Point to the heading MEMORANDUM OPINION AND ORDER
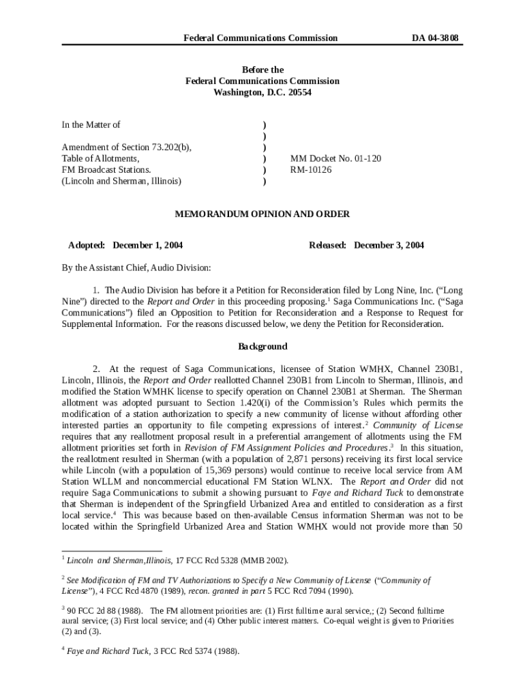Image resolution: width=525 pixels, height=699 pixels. click(262, 214)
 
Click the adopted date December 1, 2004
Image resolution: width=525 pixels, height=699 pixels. click(147, 245)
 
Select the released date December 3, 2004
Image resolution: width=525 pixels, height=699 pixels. click(389, 245)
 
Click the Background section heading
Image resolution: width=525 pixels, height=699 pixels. click(262, 346)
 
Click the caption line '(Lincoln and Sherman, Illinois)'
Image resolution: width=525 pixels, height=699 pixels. click(121, 181)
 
